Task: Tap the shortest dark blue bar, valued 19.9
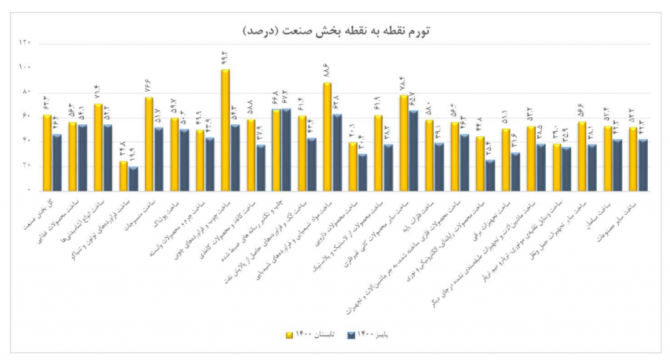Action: coord(133,178)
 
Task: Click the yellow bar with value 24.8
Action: coord(124,175)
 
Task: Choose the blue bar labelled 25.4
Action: coord(489,175)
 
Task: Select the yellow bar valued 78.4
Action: coord(403,143)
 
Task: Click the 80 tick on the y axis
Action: coord(26,92)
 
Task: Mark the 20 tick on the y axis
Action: coord(26,166)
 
